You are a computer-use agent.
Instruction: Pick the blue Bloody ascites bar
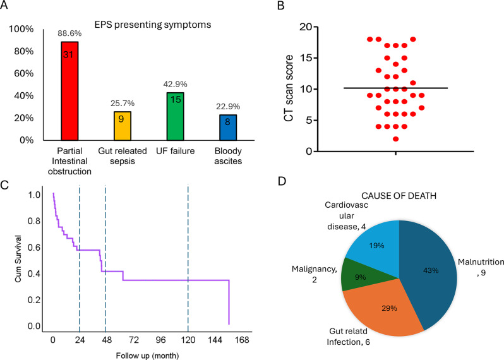coord(227,127)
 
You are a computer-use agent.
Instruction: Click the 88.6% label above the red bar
coord(69,33)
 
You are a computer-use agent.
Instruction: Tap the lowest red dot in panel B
coord(395,139)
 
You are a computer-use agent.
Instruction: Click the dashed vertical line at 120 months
coord(188,253)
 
